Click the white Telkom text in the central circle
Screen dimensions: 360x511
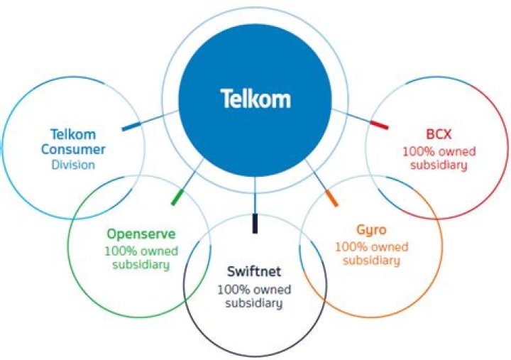point(255,98)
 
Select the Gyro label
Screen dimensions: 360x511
point(371,231)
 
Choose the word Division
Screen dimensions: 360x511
point(73,165)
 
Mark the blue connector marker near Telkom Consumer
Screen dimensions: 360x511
point(131,126)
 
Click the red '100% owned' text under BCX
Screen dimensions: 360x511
point(439,151)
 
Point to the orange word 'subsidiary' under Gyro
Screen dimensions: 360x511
point(371,261)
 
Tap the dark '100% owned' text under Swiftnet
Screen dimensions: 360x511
point(253,289)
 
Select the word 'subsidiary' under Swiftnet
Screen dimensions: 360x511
point(253,303)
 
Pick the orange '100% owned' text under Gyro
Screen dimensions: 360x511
point(371,246)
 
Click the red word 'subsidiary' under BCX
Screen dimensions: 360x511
point(439,166)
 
